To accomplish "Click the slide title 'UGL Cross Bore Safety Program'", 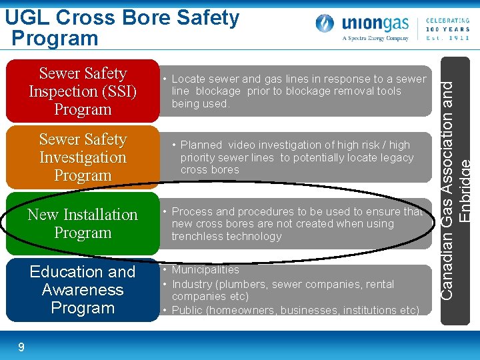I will pyautogui.click(x=123, y=27).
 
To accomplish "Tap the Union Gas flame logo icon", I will pyautogui.click(x=325, y=25).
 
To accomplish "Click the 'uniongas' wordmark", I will pyautogui.click(x=376, y=23).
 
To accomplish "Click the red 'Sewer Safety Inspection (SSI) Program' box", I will pyautogui.click(x=83, y=91).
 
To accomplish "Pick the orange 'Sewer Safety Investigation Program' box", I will pyautogui.click(x=83, y=157).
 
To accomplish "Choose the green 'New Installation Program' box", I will pyautogui.click(x=83, y=223).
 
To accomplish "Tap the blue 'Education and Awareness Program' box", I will pyautogui.click(x=83, y=290).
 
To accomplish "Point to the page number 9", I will pyautogui.click(x=21, y=347).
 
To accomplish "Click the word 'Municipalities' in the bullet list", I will pyautogui.click(x=205, y=270).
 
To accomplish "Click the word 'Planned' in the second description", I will pyautogui.click(x=200, y=145).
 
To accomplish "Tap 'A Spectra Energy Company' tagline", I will pyautogui.click(x=375, y=38).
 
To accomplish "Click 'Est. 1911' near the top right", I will pyautogui.click(x=447, y=38).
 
